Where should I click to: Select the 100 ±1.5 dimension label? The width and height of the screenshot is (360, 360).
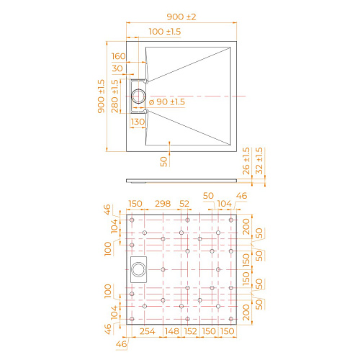point(165,32)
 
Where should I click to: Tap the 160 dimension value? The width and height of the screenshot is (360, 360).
point(118,55)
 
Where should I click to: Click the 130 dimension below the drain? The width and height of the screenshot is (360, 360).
point(138,122)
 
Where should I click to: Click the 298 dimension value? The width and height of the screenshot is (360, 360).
point(163,204)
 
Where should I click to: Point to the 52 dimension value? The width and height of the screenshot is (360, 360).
point(184,204)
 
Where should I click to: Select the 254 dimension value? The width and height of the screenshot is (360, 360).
point(148,330)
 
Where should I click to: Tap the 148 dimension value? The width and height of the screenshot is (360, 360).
point(172,330)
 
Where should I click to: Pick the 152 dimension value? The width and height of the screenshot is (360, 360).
point(191,330)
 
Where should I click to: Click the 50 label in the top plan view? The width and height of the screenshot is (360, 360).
point(163,161)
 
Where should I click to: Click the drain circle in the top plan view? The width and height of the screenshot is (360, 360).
point(138,96)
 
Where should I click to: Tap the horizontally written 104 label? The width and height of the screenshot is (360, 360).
point(225,204)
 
